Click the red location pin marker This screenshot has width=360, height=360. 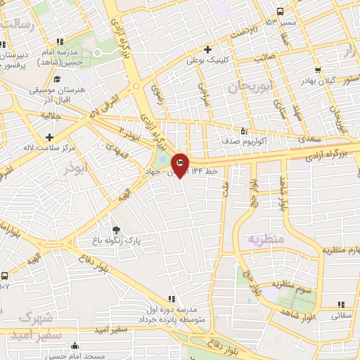click(x=180, y=165)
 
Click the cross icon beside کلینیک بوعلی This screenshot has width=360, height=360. click(x=207, y=49)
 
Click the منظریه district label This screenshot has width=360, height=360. click(x=265, y=239)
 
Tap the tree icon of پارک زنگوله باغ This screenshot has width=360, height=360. click(x=116, y=230)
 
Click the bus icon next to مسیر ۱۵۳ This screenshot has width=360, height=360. click(x=281, y=11)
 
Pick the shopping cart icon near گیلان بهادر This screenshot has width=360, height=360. click(x=319, y=70)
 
